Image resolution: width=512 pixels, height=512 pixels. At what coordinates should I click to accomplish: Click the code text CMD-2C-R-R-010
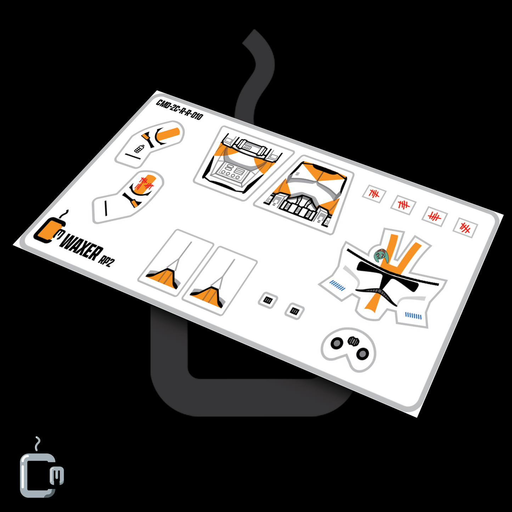(x=179, y=110)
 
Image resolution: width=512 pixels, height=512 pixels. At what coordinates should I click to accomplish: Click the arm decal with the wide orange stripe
(x=150, y=144)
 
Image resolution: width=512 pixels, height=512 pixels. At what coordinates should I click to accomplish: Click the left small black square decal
(x=268, y=300)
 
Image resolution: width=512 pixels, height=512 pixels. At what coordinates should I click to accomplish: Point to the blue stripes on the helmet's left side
(x=337, y=285)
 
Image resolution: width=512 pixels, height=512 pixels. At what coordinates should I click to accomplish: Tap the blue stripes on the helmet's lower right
(x=413, y=315)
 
